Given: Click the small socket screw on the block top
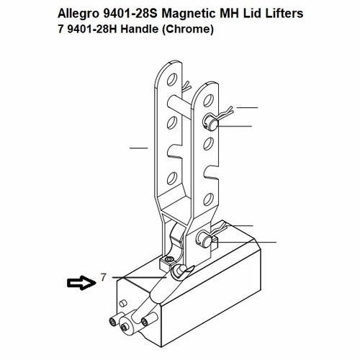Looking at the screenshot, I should [168, 261].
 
